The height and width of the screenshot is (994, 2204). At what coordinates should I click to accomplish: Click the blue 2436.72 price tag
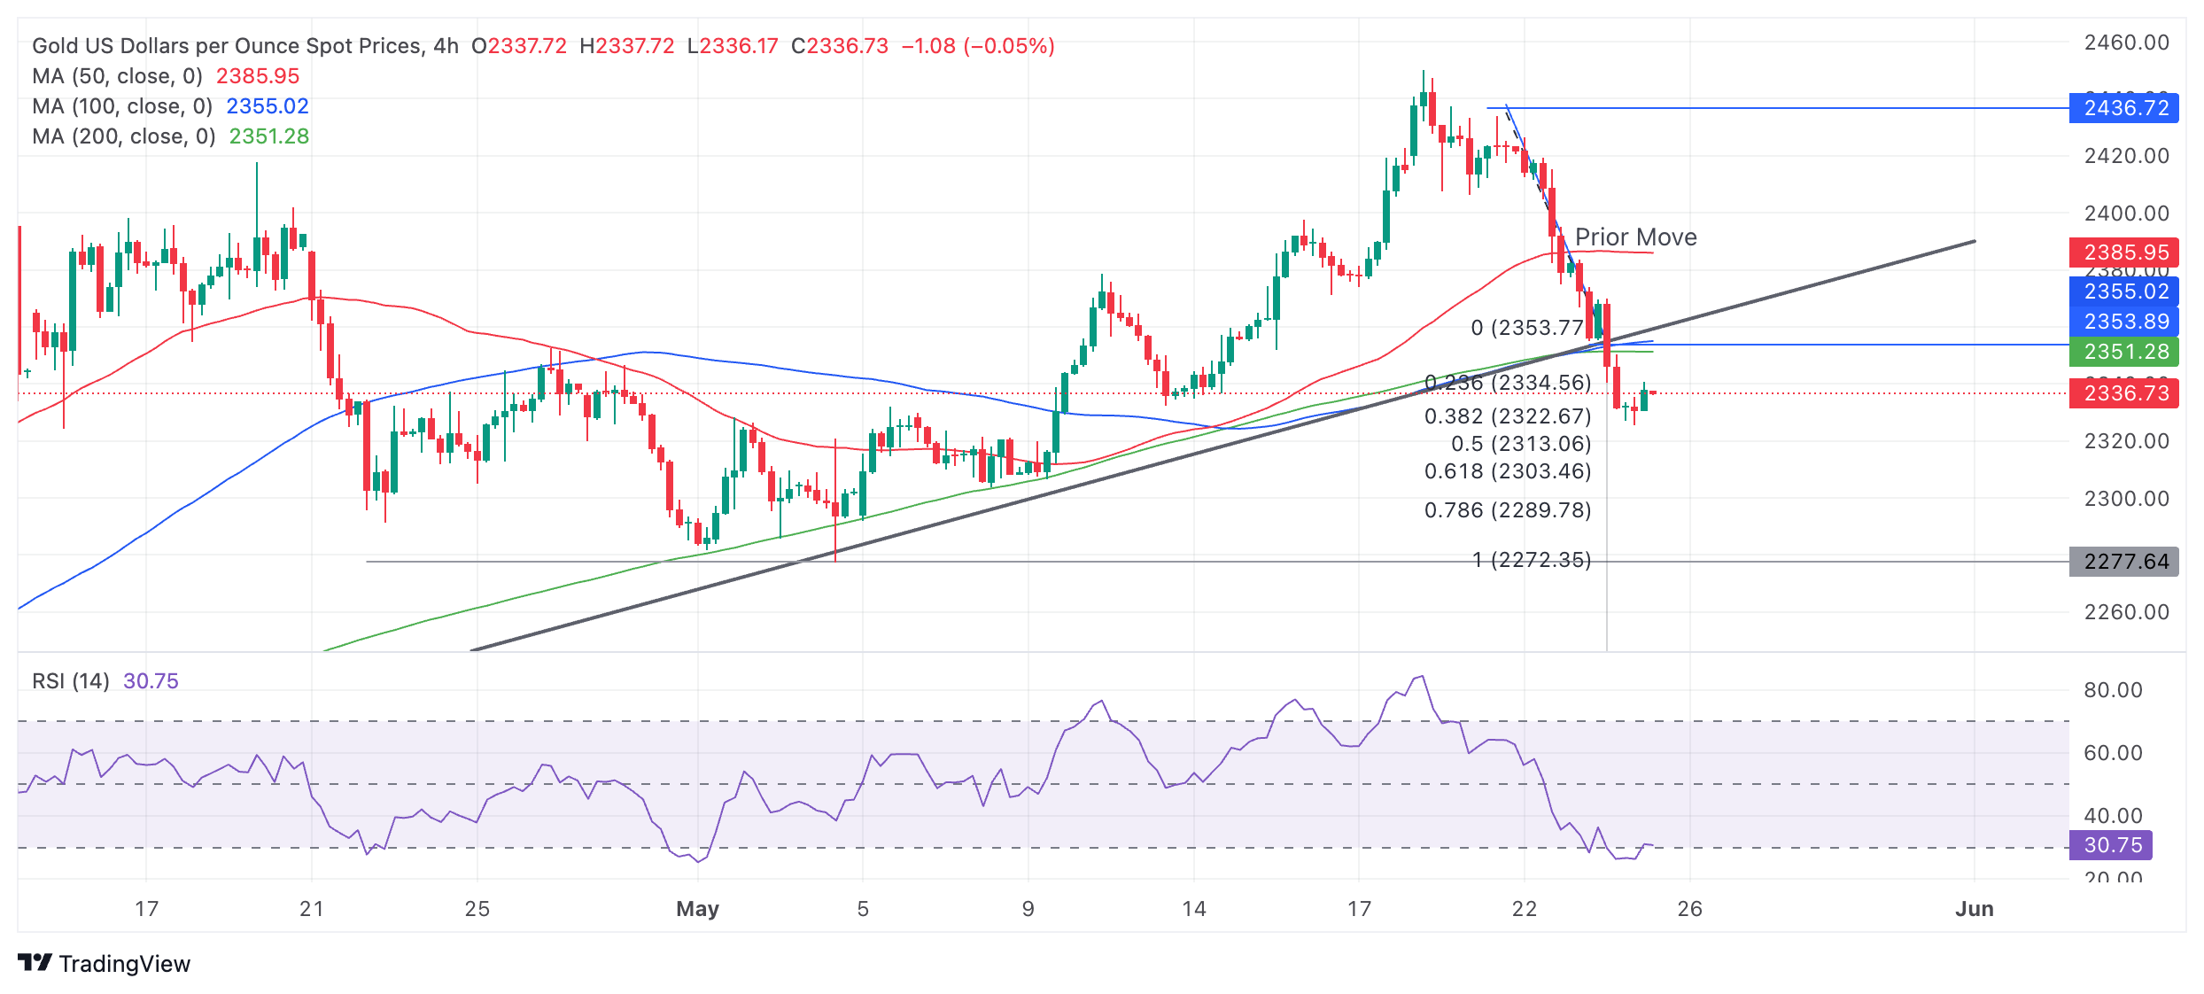coord(2123,108)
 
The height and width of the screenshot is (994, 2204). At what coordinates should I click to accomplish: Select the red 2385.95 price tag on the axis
coord(2123,252)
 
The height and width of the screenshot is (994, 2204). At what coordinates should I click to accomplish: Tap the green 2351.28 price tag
coord(2123,352)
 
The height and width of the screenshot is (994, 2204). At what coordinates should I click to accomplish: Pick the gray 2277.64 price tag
coord(2123,562)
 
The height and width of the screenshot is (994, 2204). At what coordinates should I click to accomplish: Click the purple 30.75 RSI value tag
coord(2110,845)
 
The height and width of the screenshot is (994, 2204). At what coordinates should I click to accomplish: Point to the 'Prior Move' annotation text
coord(1635,237)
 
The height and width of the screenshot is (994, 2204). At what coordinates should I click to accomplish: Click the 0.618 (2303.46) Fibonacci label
coord(1508,471)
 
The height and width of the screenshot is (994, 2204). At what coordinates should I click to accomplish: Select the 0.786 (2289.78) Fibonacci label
coord(1508,510)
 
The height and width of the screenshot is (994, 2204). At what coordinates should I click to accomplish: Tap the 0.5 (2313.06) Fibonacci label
coord(1521,444)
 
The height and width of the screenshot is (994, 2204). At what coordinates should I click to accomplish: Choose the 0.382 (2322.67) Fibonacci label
coord(1508,416)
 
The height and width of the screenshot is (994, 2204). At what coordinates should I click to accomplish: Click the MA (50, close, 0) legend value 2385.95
coord(258,76)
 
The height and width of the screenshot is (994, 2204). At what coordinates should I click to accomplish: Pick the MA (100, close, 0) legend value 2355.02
coord(268,106)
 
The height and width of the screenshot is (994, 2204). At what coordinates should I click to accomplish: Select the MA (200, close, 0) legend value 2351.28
coord(269,136)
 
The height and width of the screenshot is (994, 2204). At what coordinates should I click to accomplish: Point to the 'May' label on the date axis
coord(697,909)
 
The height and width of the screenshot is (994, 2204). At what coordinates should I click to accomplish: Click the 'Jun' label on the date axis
coord(1975,909)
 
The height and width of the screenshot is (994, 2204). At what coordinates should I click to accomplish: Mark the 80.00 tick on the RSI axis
coord(2113,690)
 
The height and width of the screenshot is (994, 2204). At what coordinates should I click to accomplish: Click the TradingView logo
coord(105,964)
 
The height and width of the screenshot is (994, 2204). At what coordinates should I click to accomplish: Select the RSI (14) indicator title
coord(71,681)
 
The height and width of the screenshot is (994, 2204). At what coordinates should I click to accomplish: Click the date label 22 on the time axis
coord(1525,909)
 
